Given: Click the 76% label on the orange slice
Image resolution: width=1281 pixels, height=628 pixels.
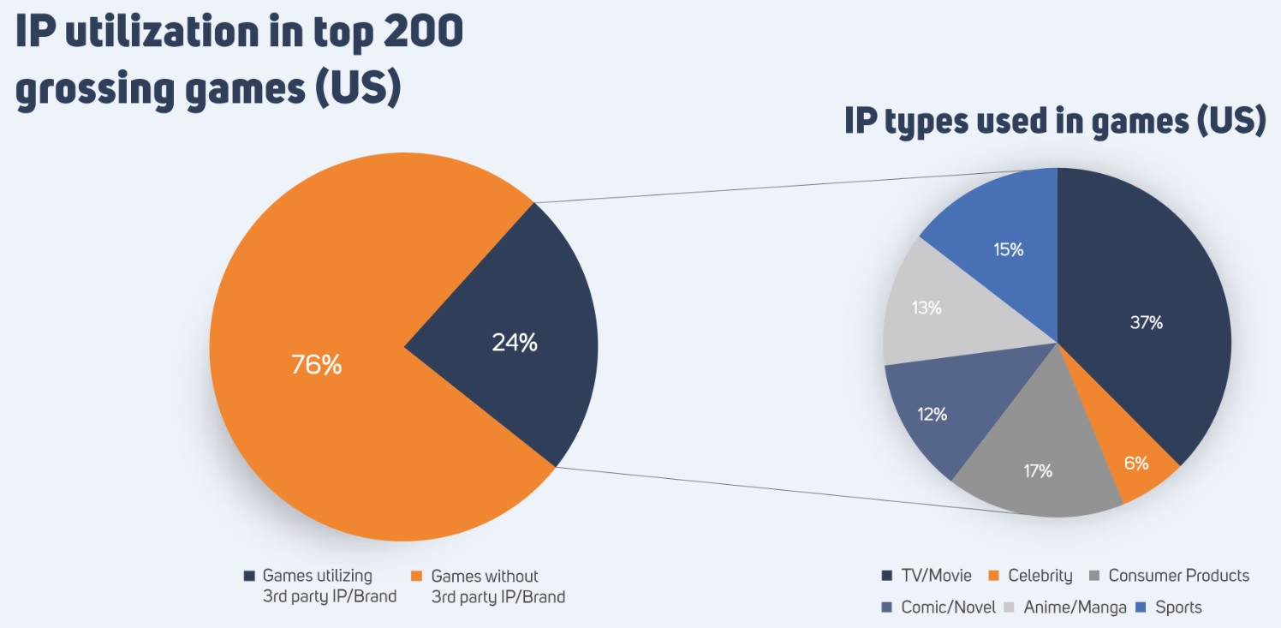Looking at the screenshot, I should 316,366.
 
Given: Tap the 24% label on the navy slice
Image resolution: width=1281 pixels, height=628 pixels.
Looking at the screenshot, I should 515,343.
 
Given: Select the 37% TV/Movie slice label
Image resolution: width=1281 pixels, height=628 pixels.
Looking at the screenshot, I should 1146,323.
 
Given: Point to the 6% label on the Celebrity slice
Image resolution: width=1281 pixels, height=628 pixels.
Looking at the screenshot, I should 1136,464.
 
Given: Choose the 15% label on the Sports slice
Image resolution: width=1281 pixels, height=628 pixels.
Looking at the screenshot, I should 1008,250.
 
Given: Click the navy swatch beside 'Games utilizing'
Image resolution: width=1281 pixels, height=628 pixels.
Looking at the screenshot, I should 249,577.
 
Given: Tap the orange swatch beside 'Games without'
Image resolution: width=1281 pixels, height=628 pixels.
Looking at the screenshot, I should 418,577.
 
